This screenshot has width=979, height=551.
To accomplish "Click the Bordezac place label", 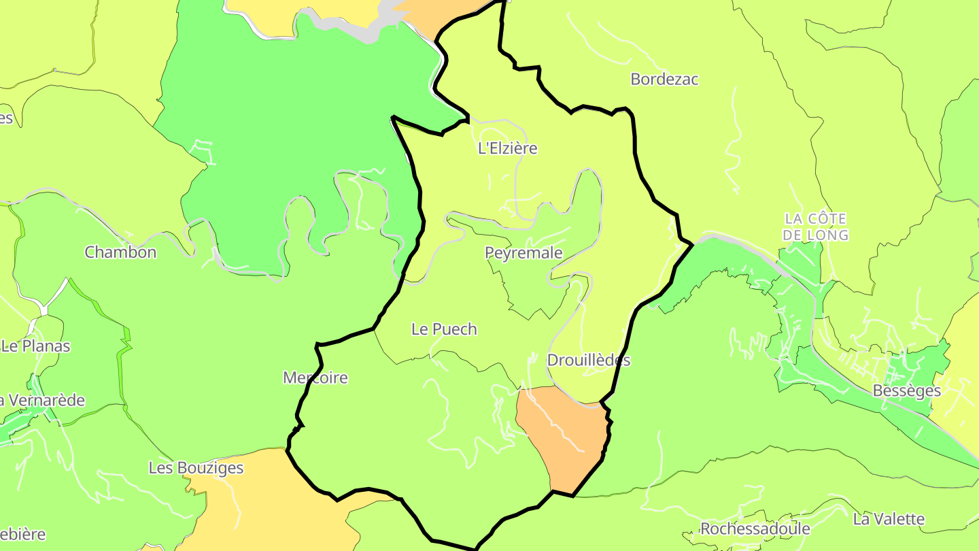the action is [x=664, y=79].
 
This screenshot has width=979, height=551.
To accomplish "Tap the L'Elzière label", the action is [x=508, y=148].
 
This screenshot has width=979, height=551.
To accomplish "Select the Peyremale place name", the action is [x=523, y=253].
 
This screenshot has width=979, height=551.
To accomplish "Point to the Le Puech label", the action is [x=444, y=329].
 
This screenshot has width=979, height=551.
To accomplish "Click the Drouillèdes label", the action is [x=588, y=361].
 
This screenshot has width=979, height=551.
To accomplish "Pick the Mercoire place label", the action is [x=315, y=378].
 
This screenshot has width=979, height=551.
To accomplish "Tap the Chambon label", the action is [x=120, y=252].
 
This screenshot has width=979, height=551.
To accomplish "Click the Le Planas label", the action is [x=36, y=346].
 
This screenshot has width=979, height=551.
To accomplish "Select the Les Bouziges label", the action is [x=196, y=468].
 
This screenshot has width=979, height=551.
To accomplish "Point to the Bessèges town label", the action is [x=906, y=391].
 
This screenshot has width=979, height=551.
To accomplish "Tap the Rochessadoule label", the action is [x=755, y=529].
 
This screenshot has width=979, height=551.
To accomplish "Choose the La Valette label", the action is [x=889, y=519].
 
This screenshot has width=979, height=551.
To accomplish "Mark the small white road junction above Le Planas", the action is [x=44, y=310].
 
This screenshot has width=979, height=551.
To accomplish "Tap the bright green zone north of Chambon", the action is [x=286, y=122].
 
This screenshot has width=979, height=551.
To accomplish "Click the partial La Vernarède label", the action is [x=42, y=400].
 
